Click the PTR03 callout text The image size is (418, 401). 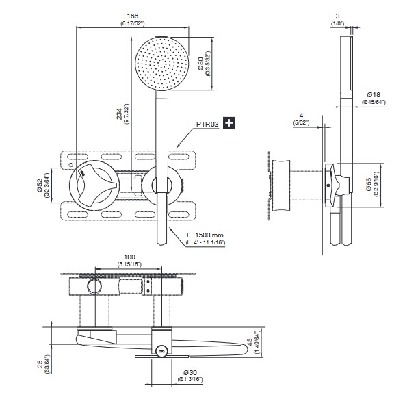pyautogui.click(x=207, y=123)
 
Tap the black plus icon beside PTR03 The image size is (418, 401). pyautogui.click(x=228, y=123)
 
